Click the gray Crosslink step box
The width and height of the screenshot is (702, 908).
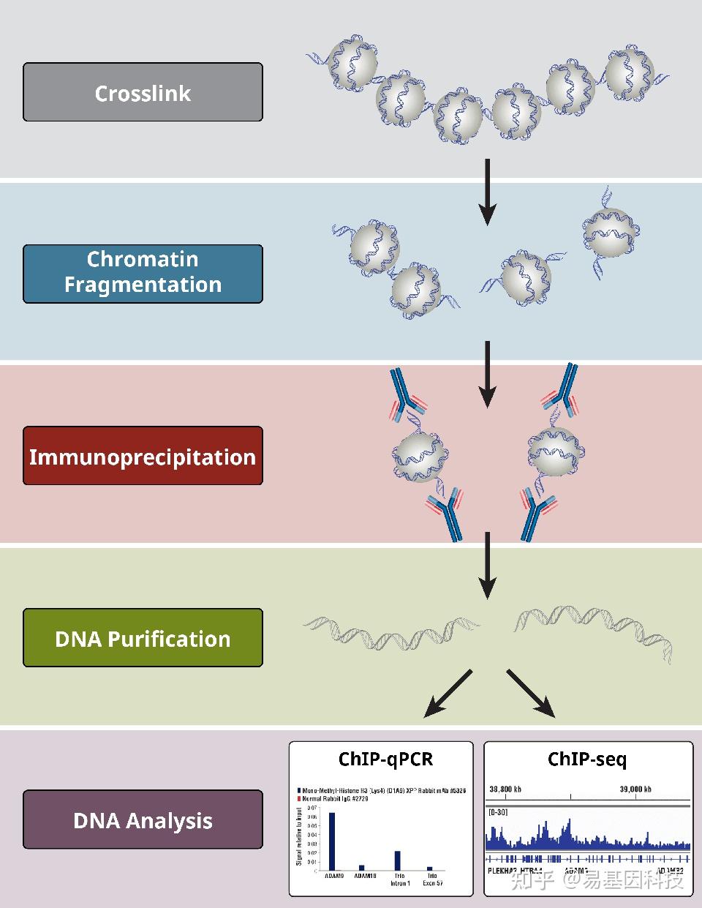click(x=143, y=92)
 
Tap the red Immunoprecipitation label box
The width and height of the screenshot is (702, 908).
click(x=143, y=456)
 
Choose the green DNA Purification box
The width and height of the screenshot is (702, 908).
click(x=143, y=638)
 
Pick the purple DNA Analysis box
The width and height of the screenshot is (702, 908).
click(x=143, y=819)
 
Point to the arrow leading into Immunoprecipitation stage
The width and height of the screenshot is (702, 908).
click(x=487, y=373)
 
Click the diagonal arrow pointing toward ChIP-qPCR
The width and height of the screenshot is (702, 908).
click(x=448, y=694)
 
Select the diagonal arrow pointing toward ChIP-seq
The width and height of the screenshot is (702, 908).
click(x=531, y=694)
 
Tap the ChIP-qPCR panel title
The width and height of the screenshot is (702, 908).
click(x=385, y=759)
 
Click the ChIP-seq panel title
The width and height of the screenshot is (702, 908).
click(x=587, y=759)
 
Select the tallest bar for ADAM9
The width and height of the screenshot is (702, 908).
click(x=332, y=841)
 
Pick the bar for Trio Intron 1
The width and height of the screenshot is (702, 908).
click(x=398, y=860)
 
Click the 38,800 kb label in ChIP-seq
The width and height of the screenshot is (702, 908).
click(x=505, y=789)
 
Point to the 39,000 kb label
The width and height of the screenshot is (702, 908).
click(x=635, y=789)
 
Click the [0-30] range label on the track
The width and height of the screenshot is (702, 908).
click(x=498, y=812)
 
